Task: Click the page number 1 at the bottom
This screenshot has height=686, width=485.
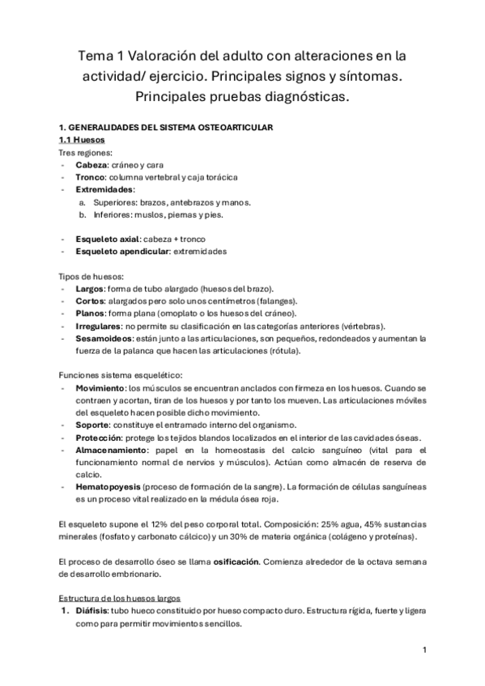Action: click(425, 650)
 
